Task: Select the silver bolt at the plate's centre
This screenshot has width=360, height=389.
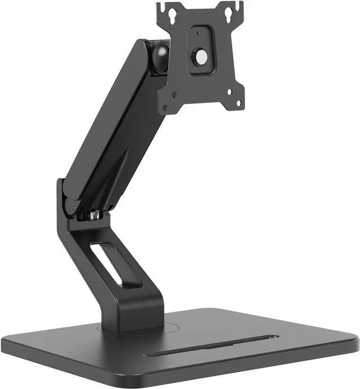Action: click(x=200, y=56)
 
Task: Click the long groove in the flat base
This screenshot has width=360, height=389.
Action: click(x=211, y=346)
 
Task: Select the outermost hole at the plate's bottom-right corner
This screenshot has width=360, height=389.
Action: click(x=238, y=103)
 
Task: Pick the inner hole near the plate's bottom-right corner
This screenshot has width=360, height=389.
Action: click(x=229, y=93)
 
